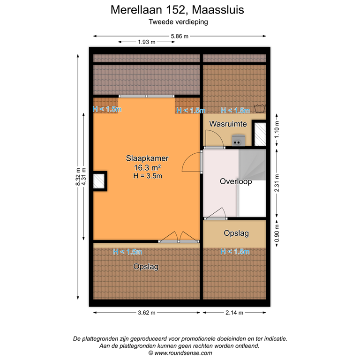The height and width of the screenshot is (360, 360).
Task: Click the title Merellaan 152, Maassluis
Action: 178,10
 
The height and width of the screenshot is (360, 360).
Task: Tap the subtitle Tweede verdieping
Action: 178,22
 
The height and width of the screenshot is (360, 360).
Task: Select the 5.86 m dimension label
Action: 180,36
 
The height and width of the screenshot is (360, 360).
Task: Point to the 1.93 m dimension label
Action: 146,42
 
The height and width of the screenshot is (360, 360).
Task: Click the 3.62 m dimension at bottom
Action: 147,313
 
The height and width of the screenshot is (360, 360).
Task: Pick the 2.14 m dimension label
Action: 234,313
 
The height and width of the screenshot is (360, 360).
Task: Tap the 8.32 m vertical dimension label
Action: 78,177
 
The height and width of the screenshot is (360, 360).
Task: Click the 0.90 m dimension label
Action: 276,233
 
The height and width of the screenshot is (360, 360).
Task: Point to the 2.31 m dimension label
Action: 276,184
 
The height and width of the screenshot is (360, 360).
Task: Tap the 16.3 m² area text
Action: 147,167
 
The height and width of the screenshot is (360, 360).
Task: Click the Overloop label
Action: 236,181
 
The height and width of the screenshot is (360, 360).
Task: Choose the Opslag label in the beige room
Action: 236,233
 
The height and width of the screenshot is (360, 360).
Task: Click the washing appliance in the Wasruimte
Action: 239,139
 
